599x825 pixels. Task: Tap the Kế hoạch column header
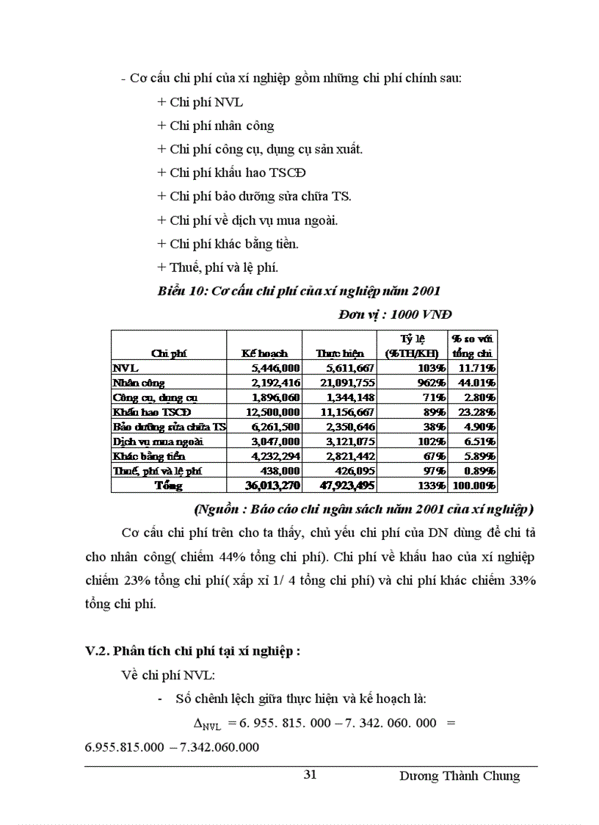click(264, 353)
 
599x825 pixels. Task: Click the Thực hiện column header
click(339, 353)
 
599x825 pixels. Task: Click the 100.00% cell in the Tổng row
click(474, 486)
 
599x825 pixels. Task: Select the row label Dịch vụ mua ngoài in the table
click(157, 442)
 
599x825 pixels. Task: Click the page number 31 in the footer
click(310, 775)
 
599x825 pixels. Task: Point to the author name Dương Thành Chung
click(460, 776)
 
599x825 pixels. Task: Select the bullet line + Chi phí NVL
click(200, 103)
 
